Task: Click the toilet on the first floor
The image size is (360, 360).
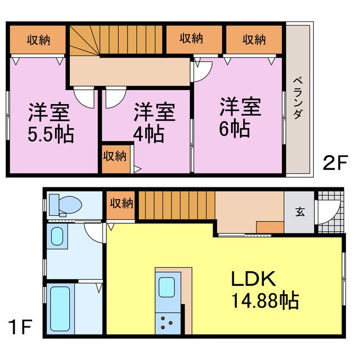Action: click(62, 205)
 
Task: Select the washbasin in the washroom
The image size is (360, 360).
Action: click(57, 237)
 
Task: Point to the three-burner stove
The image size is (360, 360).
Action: click(167, 322)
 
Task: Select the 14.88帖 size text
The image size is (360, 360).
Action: click(263, 299)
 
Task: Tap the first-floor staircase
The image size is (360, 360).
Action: click(176, 205)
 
